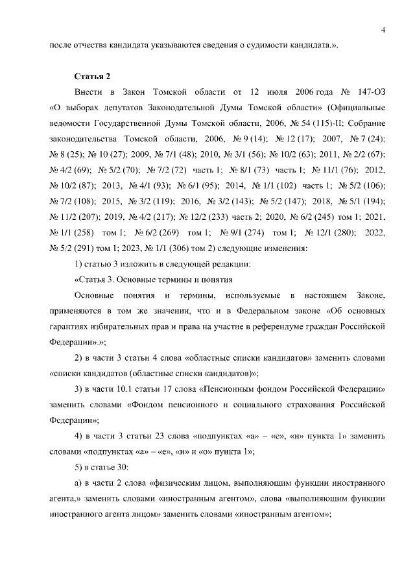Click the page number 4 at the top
coord(383,30)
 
